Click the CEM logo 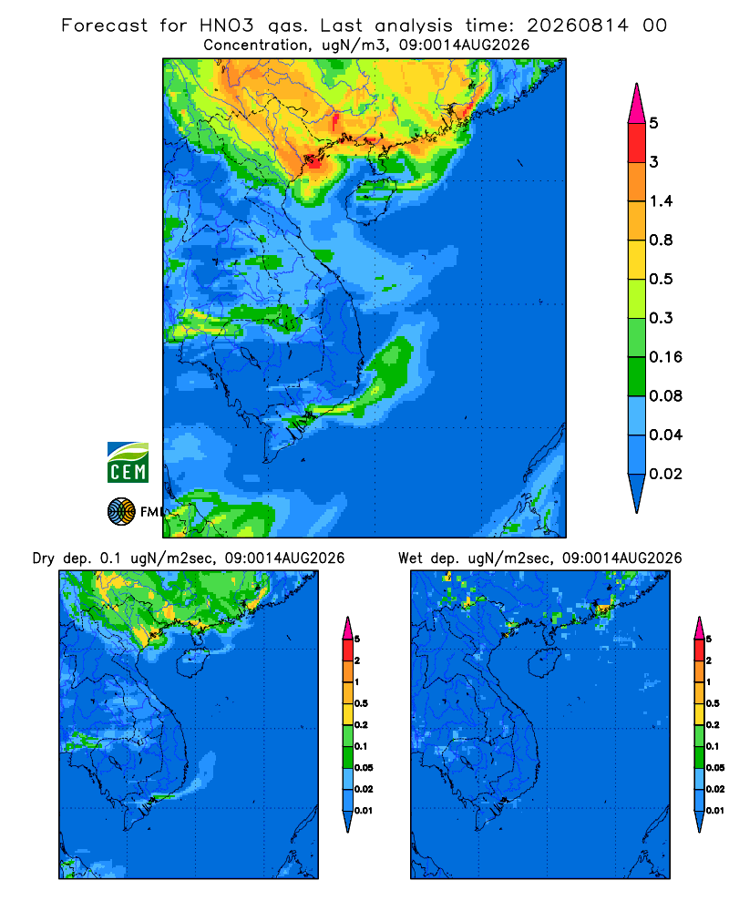point(128,462)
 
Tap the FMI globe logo point(121,512)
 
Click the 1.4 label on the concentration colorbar point(661,201)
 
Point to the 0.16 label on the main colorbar point(665,357)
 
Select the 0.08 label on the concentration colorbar point(665,395)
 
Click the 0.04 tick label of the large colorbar point(665,435)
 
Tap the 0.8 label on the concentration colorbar point(661,240)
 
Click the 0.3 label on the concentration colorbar point(661,318)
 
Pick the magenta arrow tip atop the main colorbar point(637,84)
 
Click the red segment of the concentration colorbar point(637,143)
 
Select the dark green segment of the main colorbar point(637,376)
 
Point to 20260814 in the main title point(578,26)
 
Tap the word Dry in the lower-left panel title point(44,559)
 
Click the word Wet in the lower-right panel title point(410,558)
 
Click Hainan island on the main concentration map point(370,200)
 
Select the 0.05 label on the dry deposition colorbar point(364,767)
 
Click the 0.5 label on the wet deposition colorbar point(713,703)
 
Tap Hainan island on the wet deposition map point(545,662)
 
